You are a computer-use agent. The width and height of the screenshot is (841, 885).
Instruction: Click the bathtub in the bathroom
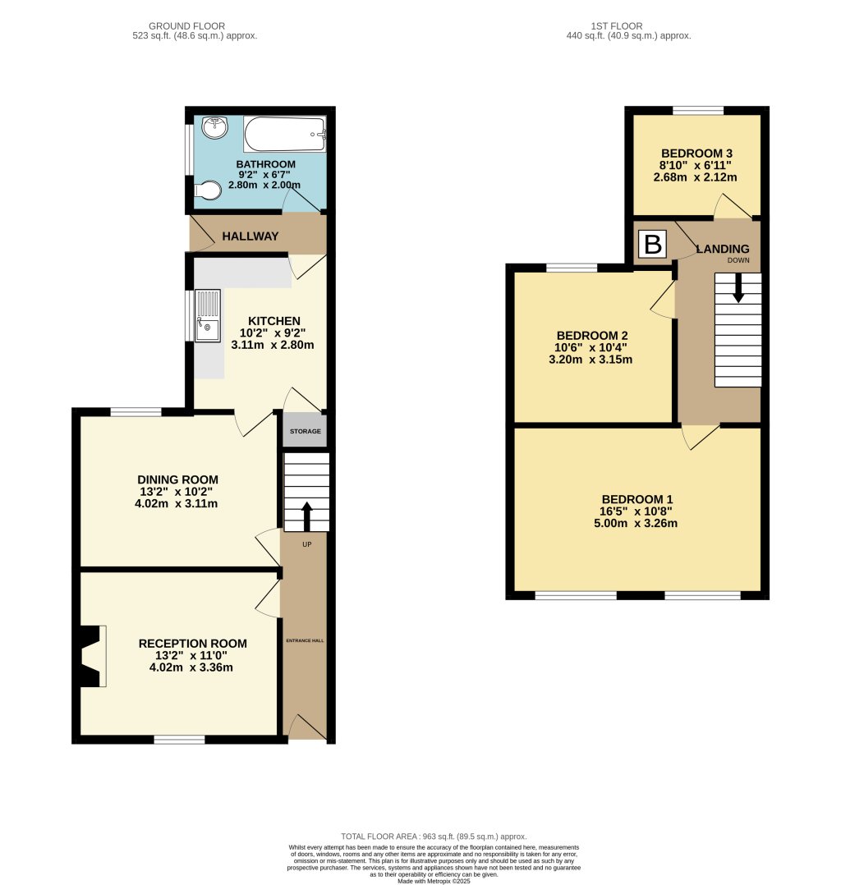(x=285, y=134)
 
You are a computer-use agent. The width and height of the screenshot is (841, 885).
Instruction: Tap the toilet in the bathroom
(x=208, y=191)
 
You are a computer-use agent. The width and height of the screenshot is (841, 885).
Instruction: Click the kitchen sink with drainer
(x=207, y=315)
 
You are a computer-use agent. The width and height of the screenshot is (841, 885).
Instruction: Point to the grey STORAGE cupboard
(x=305, y=431)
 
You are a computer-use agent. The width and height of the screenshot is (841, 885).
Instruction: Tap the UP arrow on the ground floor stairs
(x=307, y=516)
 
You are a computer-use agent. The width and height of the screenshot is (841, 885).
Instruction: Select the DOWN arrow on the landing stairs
(x=738, y=287)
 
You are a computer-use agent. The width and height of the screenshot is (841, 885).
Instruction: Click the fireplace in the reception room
(x=90, y=656)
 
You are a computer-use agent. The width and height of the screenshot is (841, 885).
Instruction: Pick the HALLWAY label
(x=251, y=236)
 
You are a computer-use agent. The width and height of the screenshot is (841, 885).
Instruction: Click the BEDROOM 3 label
(x=696, y=154)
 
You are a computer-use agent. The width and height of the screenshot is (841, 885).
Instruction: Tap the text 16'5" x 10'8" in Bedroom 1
(x=637, y=511)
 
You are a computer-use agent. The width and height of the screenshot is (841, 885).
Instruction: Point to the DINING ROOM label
(x=177, y=479)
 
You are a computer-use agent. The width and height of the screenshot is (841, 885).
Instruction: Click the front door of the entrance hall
(x=304, y=728)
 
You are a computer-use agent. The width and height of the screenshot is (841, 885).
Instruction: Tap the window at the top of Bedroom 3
(x=698, y=111)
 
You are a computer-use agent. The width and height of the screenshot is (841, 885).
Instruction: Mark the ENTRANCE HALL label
(x=305, y=640)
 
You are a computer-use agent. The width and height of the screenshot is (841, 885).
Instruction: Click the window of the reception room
(x=179, y=740)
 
